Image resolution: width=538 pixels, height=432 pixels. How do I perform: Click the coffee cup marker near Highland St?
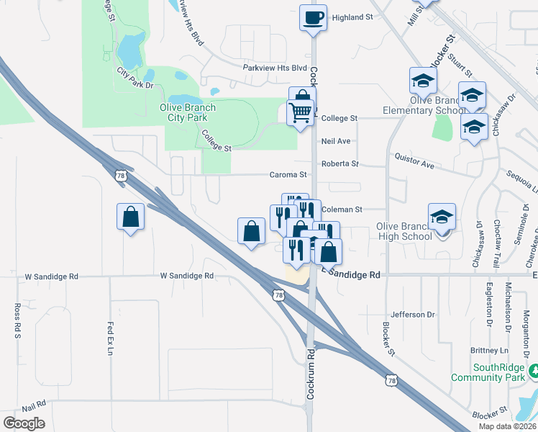click(313, 18)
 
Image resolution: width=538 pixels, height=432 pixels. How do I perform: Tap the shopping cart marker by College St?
click(300, 112)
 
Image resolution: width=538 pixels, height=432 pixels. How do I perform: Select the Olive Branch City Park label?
click(187, 112)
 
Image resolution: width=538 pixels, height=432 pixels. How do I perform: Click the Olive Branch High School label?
click(404, 231)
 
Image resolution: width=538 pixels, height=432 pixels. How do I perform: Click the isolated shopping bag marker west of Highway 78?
click(130, 217)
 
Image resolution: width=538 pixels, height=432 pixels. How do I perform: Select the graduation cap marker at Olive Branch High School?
click(442, 216)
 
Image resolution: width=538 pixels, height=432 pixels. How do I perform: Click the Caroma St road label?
click(288, 174)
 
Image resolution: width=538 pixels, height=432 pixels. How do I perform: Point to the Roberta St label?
click(339, 163)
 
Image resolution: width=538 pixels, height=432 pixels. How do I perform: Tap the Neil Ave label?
click(336, 141)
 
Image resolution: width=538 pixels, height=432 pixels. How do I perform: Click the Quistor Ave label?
click(414, 160)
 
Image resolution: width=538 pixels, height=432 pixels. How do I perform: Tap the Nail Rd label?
click(34, 403)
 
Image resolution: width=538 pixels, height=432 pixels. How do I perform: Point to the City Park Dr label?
click(135, 78)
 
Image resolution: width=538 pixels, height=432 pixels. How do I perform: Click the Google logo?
click(24, 423)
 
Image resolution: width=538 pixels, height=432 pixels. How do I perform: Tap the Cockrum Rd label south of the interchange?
click(311, 360)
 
